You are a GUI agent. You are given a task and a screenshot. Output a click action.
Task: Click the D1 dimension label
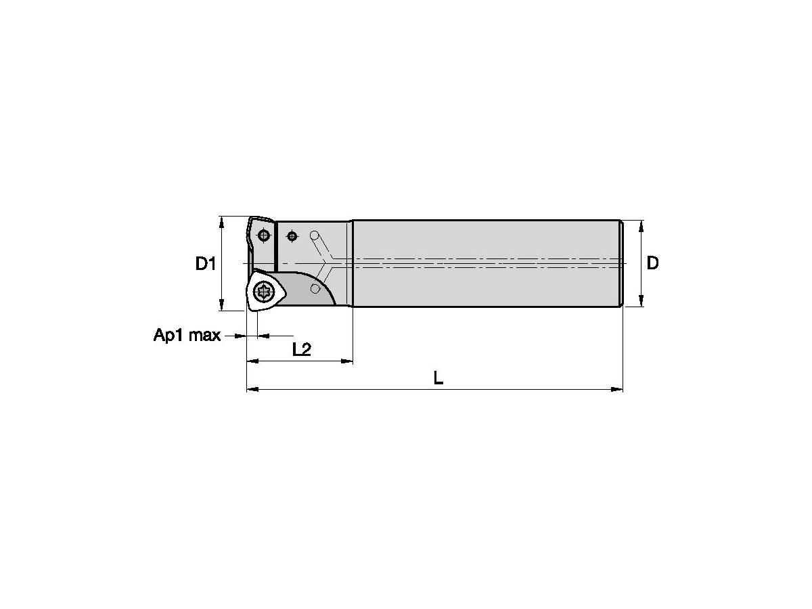point(205,264)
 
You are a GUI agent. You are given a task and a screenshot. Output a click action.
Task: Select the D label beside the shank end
point(652,263)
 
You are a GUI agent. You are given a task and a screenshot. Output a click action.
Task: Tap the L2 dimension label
point(301,349)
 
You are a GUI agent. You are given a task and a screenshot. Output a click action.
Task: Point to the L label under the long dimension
point(438,379)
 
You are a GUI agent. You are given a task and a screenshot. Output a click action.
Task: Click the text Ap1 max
point(187,335)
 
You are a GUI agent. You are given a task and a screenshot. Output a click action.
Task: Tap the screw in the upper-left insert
point(263,236)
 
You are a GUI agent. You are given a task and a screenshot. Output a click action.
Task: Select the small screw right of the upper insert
point(292,236)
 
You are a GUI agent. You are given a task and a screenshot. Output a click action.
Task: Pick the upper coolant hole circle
point(314,235)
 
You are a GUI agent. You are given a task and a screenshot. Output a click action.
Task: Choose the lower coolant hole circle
point(314,289)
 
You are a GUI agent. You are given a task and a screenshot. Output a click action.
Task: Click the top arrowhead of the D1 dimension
point(221,221)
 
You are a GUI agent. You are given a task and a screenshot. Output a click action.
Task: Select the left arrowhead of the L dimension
point(252,389)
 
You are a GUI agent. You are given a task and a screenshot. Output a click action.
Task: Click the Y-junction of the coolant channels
point(331,263)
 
